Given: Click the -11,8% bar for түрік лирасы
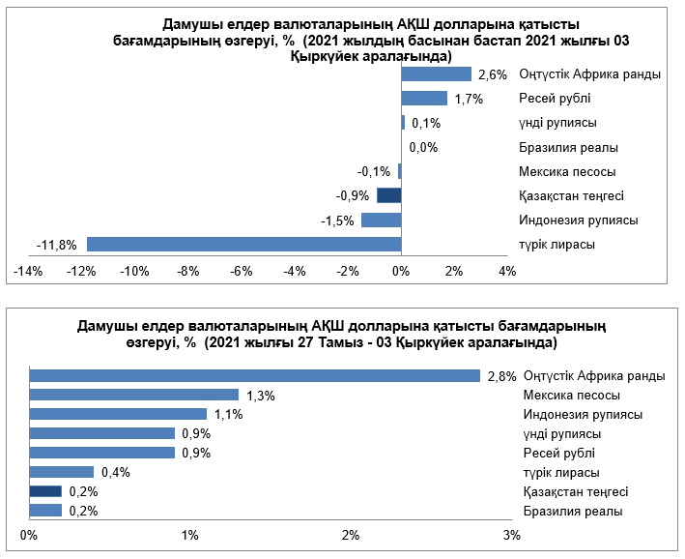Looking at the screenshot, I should [243, 244].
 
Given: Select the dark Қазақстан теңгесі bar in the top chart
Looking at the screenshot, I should [388, 195].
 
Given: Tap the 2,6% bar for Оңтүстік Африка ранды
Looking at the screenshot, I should [436, 74].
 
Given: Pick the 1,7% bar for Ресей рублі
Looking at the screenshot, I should [424, 99].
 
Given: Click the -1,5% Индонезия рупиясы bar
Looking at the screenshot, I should [381, 220].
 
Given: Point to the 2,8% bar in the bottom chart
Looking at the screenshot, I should [255, 375].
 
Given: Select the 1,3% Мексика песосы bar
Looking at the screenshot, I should [134, 395].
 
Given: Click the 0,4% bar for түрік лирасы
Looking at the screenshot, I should [62, 472].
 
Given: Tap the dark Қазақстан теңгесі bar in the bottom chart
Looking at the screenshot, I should [45, 491].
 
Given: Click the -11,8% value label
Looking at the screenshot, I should [56, 245].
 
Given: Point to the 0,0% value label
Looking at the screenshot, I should [424, 148].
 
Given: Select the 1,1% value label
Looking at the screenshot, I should [228, 414].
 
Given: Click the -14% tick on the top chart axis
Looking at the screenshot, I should [27, 272].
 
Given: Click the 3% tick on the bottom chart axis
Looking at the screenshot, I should [512, 535].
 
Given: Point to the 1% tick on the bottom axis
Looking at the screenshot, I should [190, 535].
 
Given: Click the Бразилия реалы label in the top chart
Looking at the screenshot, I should [568, 148].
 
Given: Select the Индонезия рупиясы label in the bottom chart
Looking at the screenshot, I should [583, 414].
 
